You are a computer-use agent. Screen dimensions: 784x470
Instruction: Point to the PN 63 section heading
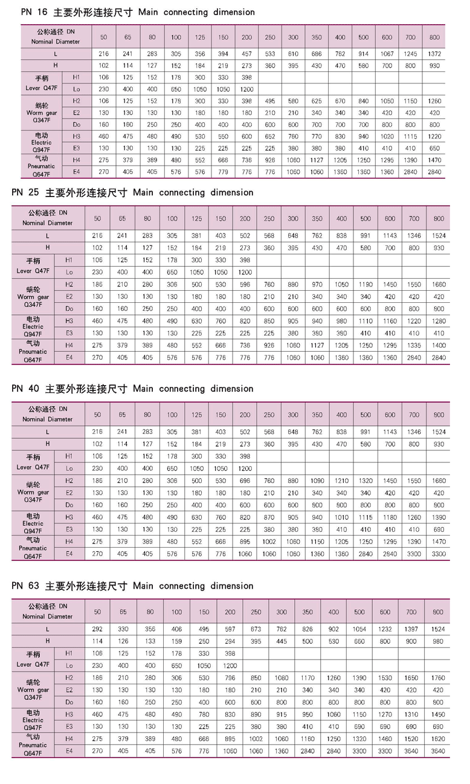132,586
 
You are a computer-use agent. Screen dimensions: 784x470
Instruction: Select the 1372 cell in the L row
434,54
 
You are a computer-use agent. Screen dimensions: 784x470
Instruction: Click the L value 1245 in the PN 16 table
410,54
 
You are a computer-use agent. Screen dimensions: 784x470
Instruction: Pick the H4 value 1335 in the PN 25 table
414,345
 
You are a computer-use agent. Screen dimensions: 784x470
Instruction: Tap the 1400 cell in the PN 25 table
439,345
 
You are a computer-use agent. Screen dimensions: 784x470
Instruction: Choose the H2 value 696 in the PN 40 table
245,481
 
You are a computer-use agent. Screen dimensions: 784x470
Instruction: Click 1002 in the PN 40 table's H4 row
269,541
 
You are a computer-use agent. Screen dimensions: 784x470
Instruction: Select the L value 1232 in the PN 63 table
385,629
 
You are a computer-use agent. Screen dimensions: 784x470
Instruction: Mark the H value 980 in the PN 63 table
438,641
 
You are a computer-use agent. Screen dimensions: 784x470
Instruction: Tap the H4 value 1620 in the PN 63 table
438,739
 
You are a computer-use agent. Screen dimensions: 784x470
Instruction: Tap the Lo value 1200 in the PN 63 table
230,665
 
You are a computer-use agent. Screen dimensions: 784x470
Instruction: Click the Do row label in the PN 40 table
69,505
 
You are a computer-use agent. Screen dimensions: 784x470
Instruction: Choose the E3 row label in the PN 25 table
69,333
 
